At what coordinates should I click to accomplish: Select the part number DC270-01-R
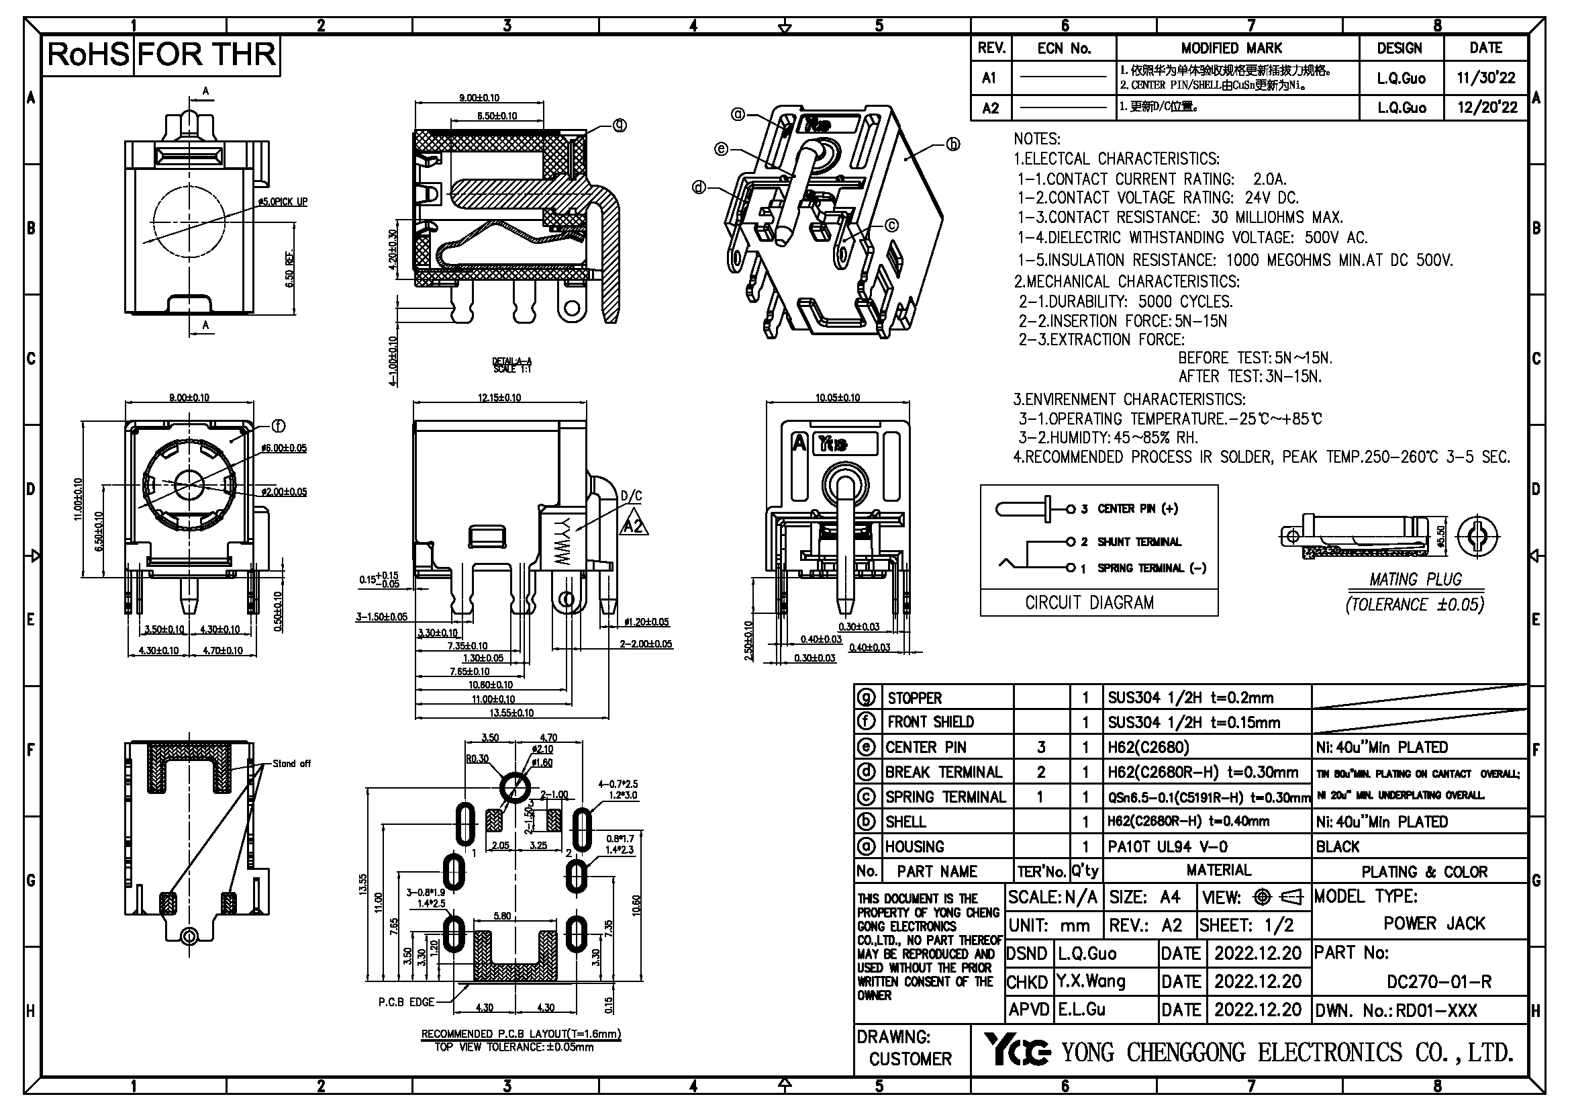click(1438, 982)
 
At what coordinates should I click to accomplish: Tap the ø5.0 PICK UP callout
click(283, 202)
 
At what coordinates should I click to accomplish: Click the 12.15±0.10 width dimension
click(499, 398)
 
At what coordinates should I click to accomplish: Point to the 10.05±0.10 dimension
click(838, 398)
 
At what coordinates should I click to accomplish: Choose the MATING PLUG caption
click(1415, 580)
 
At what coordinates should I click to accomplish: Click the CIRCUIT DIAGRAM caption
click(1089, 603)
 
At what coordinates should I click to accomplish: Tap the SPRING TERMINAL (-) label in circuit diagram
click(1152, 568)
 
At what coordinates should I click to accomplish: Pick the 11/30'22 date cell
click(1485, 78)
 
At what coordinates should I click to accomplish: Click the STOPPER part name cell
click(914, 698)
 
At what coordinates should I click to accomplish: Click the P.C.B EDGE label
click(406, 1002)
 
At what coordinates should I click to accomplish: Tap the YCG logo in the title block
click(1017, 1050)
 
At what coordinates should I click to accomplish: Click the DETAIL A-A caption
click(511, 365)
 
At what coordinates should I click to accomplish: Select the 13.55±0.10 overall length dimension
click(511, 713)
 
